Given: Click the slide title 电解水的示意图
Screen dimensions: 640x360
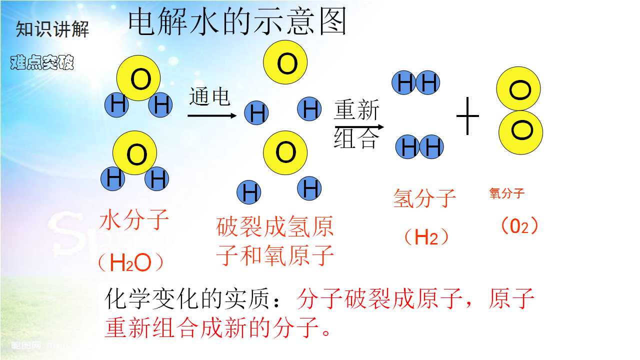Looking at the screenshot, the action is click(x=237, y=21).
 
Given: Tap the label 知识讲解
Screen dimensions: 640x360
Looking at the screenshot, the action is click(x=52, y=29).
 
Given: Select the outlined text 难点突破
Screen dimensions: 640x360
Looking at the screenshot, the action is click(x=42, y=62).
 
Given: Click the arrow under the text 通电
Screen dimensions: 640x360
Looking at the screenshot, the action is click(x=212, y=115).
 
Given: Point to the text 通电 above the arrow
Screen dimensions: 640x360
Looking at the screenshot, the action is click(x=209, y=96).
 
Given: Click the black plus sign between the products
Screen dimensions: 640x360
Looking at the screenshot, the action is click(x=467, y=116).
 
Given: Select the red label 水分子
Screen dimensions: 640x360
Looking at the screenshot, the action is click(x=134, y=219).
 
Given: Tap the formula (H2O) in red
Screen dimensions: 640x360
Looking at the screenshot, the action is click(x=131, y=262).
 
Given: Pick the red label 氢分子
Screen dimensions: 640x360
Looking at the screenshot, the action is click(x=424, y=198).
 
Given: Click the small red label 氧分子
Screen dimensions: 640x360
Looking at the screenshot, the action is click(x=507, y=193).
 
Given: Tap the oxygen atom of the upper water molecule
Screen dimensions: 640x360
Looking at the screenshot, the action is click(x=138, y=78).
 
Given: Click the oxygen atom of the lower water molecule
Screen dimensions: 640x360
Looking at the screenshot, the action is click(x=135, y=153).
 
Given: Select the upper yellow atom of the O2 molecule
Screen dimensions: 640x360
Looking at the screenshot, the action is click(x=518, y=89).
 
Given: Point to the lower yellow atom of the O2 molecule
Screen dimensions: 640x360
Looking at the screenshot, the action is click(x=521, y=132).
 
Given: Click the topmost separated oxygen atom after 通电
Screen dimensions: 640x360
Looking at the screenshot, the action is click(x=285, y=62).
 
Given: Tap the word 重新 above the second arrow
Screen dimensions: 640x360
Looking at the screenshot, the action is click(x=356, y=109).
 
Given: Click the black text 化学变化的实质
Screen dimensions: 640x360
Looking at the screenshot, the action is click(x=187, y=299).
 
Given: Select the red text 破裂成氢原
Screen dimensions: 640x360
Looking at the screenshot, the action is click(x=275, y=227).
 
